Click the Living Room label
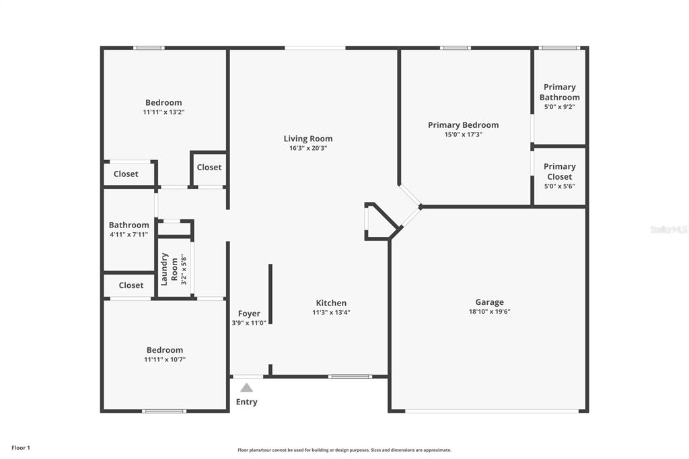[x=308, y=139]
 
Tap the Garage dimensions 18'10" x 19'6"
[x=490, y=312]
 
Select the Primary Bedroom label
[x=463, y=125]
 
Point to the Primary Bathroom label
[x=559, y=92]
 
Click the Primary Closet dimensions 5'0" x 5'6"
[x=559, y=186]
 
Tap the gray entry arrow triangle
[x=246, y=388]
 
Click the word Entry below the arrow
[x=246, y=402]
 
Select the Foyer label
[x=249, y=314]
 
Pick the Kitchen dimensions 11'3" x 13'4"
[x=331, y=312]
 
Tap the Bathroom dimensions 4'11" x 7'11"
[x=129, y=235]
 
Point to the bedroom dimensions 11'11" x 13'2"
[x=164, y=112]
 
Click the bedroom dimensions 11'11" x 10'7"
[x=165, y=359]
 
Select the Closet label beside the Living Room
[x=209, y=167]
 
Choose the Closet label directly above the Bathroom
[x=126, y=174]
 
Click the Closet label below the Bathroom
[x=131, y=285]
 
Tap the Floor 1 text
[x=21, y=448]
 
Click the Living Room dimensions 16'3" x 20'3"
[x=308, y=148]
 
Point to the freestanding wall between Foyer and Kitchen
[x=270, y=293]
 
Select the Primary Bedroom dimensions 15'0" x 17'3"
[x=463, y=135]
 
